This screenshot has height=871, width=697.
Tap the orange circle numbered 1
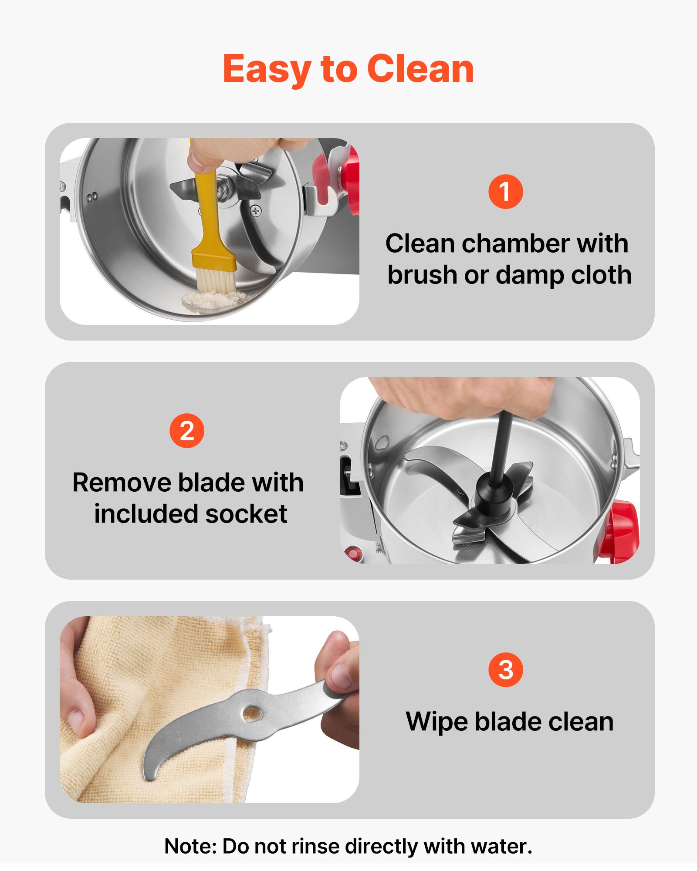coord(505,192)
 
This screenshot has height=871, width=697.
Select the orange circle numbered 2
coord(187,431)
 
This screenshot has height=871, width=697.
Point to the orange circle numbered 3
coord(505,670)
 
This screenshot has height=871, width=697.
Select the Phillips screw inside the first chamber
coord(256,211)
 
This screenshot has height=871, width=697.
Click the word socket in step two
coord(246,514)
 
